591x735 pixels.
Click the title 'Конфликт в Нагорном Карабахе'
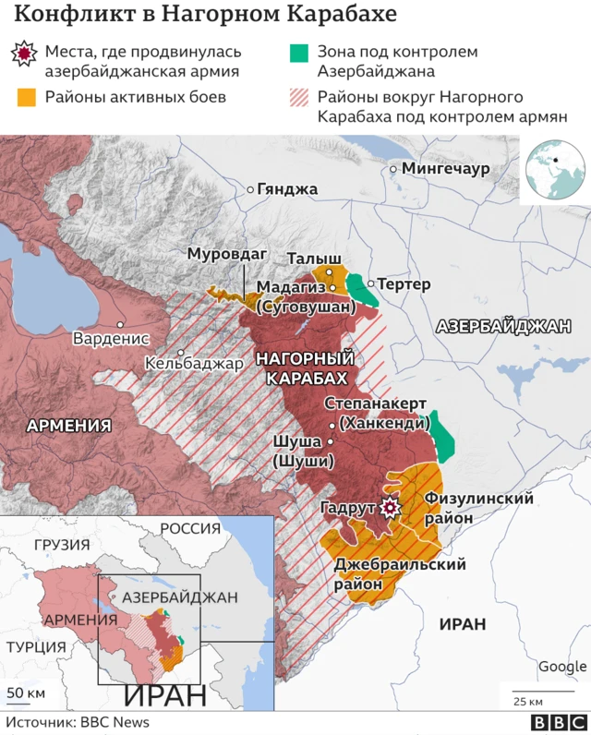pyautogui.click(x=206, y=16)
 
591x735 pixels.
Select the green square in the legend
pyautogui.click(x=297, y=54)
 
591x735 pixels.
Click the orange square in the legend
pyautogui.click(x=26, y=97)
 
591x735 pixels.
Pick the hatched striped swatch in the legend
pyautogui.click(x=297, y=97)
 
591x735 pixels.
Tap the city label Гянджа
pyautogui.click(x=286, y=189)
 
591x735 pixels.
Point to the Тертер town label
pyautogui.click(x=404, y=284)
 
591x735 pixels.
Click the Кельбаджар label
pyautogui.click(x=194, y=363)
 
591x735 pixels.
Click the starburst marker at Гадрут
pyautogui.click(x=391, y=507)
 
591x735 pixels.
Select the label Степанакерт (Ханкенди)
pyautogui.click(x=375, y=414)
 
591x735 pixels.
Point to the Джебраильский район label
pyautogui.click(x=400, y=573)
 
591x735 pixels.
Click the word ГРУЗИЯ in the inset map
pyautogui.click(x=62, y=544)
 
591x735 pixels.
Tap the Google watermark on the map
pyautogui.click(x=561, y=667)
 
